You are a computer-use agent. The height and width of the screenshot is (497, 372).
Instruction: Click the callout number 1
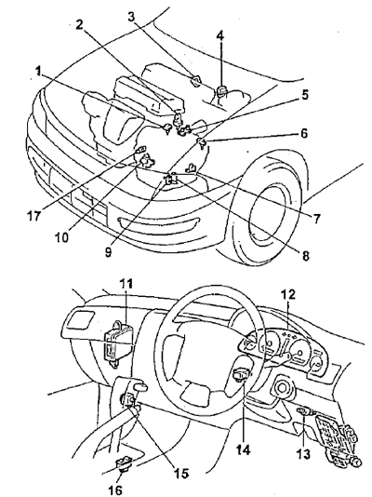point(38,71)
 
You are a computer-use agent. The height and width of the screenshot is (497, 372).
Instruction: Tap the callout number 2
point(79,24)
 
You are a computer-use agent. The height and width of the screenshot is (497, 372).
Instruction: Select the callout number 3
point(131,17)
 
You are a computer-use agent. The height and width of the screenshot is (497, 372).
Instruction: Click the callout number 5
point(304,94)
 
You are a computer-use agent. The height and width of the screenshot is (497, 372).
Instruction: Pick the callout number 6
point(304,133)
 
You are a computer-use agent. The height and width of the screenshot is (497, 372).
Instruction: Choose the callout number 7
point(316,219)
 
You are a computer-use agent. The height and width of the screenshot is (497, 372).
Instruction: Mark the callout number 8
point(305,255)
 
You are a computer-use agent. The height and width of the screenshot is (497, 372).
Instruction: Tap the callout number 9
point(108,252)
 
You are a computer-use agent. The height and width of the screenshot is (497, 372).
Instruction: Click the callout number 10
point(62,237)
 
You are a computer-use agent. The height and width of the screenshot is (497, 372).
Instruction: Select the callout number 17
point(33,216)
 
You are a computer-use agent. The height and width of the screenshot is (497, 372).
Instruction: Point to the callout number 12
point(288,294)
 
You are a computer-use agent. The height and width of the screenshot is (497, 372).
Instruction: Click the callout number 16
point(115,490)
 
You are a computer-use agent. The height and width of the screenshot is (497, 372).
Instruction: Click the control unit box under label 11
point(118,344)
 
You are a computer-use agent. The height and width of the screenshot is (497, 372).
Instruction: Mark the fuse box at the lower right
point(337,438)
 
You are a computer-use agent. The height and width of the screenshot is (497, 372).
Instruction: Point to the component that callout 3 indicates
point(195,81)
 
